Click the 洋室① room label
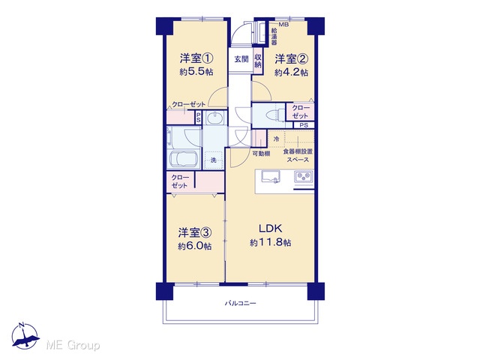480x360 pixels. point(196,58)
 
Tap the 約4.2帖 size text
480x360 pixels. point(292,73)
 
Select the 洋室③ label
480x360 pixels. point(195,233)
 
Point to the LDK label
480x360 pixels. point(271,228)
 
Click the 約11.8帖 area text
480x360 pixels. point(271,243)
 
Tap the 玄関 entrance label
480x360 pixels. point(241,59)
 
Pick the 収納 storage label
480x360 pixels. point(258,61)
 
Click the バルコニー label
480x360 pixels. point(240,304)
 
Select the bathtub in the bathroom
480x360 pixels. point(183,159)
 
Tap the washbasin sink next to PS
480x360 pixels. point(215,118)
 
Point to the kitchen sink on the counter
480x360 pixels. point(271,177)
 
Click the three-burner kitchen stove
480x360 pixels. point(303,177)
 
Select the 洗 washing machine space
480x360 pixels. point(213,160)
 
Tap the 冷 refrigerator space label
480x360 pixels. point(277,139)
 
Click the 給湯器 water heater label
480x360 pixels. point(274,36)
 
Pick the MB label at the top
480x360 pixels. point(283,25)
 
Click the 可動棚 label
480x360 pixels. point(261,154)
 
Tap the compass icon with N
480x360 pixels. point(25,336)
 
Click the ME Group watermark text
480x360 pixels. point(73,346)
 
